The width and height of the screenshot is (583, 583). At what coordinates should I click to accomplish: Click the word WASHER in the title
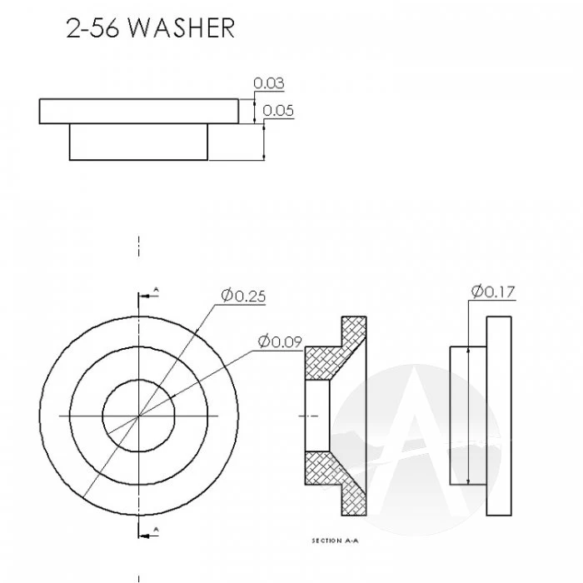point(182,27)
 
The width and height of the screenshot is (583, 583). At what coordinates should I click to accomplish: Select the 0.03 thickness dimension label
point(269,83)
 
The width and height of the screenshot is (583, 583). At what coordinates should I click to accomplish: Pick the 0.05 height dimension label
point(278,111)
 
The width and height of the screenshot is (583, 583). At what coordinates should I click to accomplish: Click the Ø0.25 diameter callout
point(243,296)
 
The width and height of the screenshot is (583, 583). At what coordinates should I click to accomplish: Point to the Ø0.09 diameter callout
point(280,341)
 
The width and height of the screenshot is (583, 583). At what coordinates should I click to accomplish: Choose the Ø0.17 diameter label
point(493,291)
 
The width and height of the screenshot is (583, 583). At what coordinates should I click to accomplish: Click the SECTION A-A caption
point(335,541)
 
